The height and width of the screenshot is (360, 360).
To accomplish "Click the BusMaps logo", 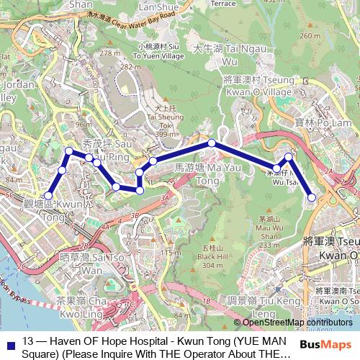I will coord(327,344).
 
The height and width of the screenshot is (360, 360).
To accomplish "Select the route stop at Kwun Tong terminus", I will coord(49,195).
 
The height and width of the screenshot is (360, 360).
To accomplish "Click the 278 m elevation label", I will coord(111,53).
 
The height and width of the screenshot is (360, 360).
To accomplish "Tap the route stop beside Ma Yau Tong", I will coord(212,143).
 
